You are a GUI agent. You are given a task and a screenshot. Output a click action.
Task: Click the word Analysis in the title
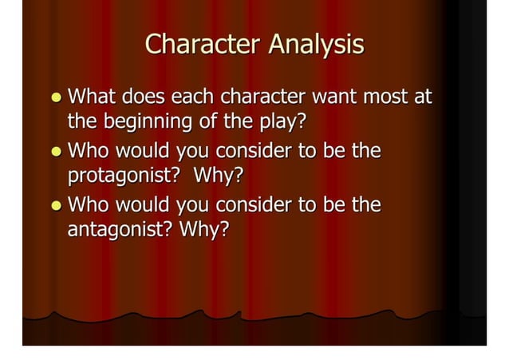[x=316, y=45]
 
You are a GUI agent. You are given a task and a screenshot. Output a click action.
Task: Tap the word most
[x=396, y=98]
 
